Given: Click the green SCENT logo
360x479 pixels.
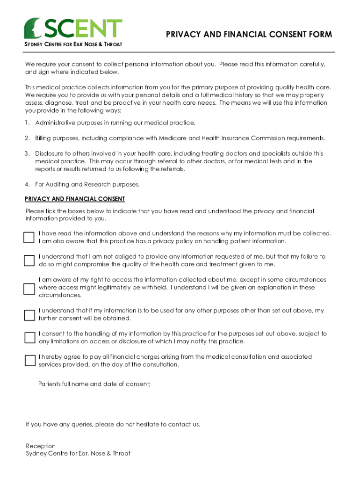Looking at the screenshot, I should (73, 28).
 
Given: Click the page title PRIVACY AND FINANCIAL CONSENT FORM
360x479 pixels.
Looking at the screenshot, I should (249, 35).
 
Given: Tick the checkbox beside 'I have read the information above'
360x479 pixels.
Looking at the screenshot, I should (29, 237).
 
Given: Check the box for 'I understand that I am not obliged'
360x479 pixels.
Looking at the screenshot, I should (29, 261).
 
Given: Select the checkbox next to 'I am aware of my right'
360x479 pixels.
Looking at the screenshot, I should (29, 288).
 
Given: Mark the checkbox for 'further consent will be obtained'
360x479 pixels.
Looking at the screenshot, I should (29, 315).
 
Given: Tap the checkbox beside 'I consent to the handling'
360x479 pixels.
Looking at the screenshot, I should (29, 338).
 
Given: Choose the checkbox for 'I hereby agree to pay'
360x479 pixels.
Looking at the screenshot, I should (29, 361).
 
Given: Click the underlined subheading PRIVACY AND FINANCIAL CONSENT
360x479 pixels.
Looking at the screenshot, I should (75, 199).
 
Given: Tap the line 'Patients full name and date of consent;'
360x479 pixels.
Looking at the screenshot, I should (94, 384).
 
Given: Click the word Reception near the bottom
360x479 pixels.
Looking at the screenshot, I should (41, 446).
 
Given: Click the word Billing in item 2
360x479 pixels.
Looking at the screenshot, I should (44, 138).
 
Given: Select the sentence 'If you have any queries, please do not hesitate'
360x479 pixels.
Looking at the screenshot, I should (113, 425).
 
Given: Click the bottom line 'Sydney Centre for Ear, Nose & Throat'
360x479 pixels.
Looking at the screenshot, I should (78, 453).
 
